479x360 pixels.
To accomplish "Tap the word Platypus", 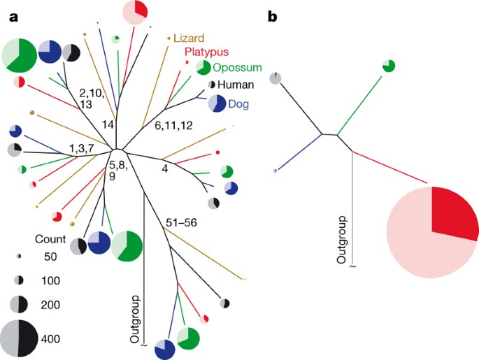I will tap(208, 53).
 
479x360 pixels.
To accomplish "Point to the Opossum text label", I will tap(238, 68).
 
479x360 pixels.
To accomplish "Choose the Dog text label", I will tap(239, 105).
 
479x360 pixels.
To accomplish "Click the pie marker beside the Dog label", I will tap(217, 104).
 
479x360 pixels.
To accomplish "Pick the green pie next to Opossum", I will tap(203, 68).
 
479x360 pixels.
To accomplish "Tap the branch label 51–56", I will tap(181, 222).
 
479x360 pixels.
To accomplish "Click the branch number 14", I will tap(107, 124).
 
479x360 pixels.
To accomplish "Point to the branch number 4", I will tap(164, 168).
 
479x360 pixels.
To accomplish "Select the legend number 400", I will tap(50, 339).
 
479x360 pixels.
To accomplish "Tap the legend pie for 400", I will tap(20, 339).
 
